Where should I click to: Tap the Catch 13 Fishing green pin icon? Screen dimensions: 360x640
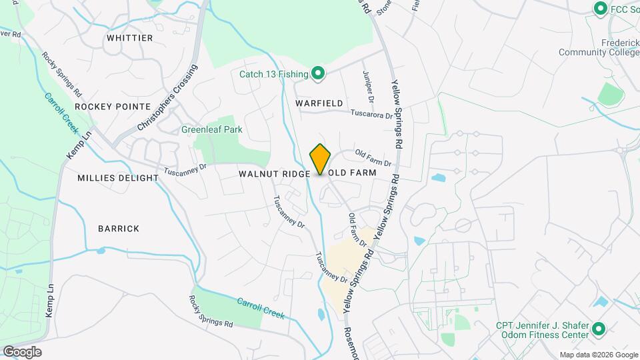click(318, 73)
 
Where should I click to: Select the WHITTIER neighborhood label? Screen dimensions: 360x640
click(129, 38)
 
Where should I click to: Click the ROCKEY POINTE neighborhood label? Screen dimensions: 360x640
click(113, 106)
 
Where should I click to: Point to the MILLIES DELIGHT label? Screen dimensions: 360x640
click(118, 178)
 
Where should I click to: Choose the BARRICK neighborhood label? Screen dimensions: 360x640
click(119, 229)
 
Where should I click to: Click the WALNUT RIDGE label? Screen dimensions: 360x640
click(273, 173)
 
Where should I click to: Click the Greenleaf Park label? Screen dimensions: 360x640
click(211, 129)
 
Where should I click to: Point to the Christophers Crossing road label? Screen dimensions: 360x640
click(168, 97)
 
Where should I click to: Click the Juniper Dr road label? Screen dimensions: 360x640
click(369, 87)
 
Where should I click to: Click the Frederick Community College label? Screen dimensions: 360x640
click(598, 47)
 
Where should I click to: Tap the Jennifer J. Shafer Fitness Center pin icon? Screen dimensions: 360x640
click(598, 329)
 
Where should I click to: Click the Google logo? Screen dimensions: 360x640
click(22, 351)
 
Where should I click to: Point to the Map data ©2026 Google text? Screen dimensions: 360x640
click(598, 355)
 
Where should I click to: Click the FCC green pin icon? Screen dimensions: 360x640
click(599, 9)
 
